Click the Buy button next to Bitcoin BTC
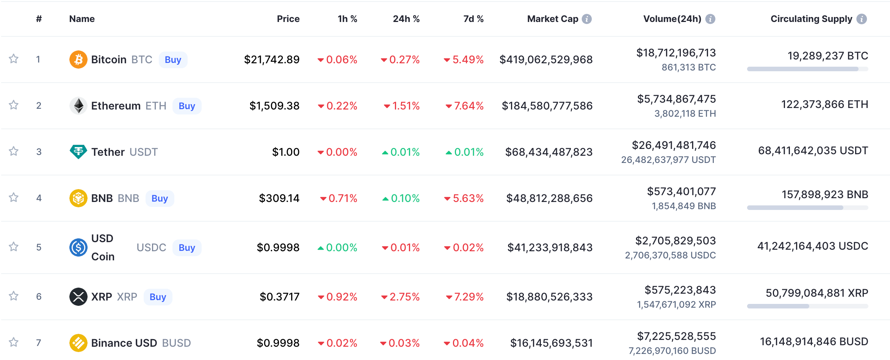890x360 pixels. coord(173,60)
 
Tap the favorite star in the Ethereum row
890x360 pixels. coord(14,105)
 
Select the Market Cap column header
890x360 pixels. coord(553,19)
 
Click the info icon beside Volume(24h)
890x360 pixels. coord(710,19)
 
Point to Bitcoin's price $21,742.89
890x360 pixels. coord(272,59)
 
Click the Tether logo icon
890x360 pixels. coord(78,152)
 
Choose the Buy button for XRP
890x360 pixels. coord(158,297)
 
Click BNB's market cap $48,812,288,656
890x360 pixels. coord(549,198)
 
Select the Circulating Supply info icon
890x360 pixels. coord(862,19)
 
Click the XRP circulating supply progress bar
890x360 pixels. coord(807,306)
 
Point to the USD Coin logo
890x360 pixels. coord(78,247)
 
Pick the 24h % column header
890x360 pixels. coord(406,19)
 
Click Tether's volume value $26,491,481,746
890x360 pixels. coord(674,145)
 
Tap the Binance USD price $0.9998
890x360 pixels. coord(278,343)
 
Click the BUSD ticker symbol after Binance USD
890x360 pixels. coord(176,343)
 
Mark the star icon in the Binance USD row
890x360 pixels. coord(14,342)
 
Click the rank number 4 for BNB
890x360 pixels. coord(39,198)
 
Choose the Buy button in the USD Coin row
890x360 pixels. coord(187,248)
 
